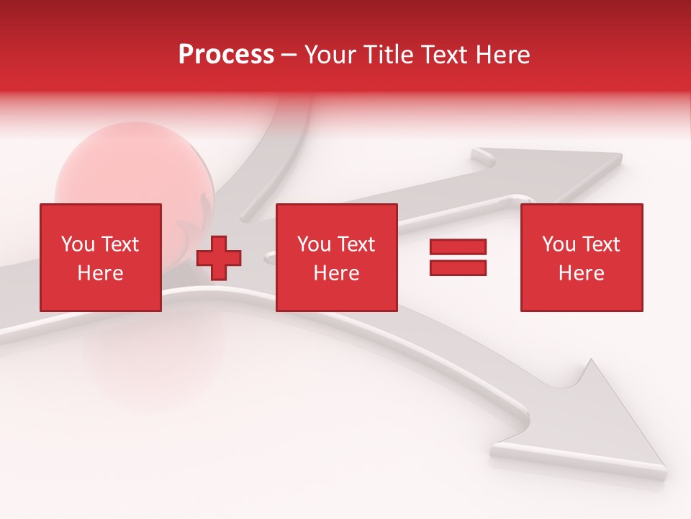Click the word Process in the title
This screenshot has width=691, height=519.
coord(226,55)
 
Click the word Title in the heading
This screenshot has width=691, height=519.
coord(386,55)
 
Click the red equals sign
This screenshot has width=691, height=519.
coord(458,257)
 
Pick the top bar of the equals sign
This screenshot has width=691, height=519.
coord(458,247)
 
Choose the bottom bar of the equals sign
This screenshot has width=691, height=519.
coord(458,267)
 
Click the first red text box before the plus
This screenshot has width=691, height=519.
coord(101,257)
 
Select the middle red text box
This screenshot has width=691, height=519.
coord(337,257)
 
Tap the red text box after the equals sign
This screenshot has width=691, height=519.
coord(582,257)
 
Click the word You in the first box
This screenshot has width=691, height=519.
coord(77,244)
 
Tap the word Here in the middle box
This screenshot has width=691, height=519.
coord(337,273)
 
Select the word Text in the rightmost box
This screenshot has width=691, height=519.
coord(600,244)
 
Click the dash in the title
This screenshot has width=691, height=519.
coord(289,55)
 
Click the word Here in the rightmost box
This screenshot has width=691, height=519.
coord(582,273)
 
